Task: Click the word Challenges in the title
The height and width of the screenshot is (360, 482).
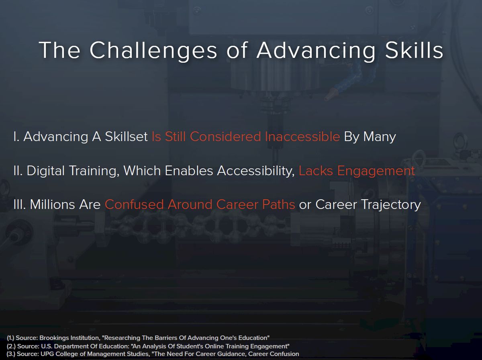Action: point(153,51)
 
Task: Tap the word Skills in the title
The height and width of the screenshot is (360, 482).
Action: point(414,50)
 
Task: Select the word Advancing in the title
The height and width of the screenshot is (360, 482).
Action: point(316,51)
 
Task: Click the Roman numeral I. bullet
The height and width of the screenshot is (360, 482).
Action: point(16,136)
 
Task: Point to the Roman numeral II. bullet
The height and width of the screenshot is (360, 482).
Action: point(18,171)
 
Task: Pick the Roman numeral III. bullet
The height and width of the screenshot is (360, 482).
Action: point(20,205)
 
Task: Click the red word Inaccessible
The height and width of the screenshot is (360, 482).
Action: point(302,136)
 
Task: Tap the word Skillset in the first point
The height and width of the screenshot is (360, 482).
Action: point(126,136)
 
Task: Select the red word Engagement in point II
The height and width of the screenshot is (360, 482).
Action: point(376,171)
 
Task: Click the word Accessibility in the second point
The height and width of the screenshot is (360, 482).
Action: point(256,171)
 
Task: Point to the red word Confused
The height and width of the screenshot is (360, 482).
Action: point(134,205)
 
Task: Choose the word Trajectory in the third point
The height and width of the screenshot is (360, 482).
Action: point(390,205)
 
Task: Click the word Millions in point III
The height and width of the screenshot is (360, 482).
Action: point(53,205)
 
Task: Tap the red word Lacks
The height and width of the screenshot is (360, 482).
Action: point(316,171)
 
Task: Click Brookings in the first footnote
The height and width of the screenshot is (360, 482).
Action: point(54,338)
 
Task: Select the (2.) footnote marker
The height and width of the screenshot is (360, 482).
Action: point(11,346)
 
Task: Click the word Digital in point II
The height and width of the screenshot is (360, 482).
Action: point(46,171)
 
